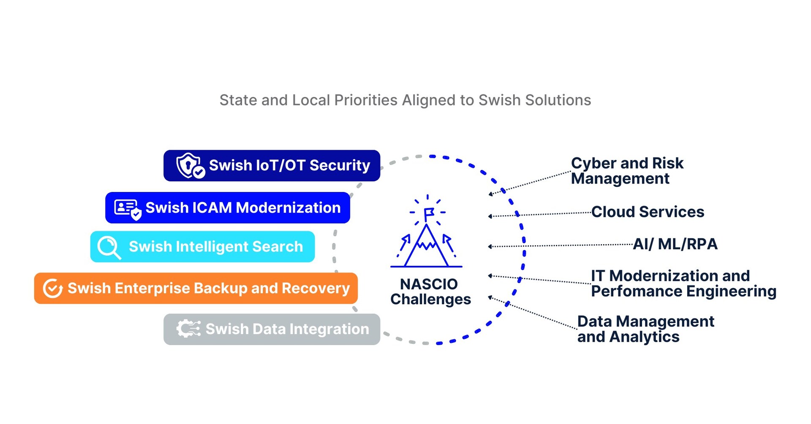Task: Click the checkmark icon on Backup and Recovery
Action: coord(53,289)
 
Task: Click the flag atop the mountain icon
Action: coord(429,213)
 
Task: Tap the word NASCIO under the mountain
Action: coord(429,284)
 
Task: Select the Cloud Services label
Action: coord(648,212)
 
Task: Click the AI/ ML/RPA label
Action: coord(675,244)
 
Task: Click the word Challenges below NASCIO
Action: coord(430,299)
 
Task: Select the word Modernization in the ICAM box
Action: coord(288,208)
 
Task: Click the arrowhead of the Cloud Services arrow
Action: coord(490,216)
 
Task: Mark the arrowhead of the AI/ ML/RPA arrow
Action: coord(490,246)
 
